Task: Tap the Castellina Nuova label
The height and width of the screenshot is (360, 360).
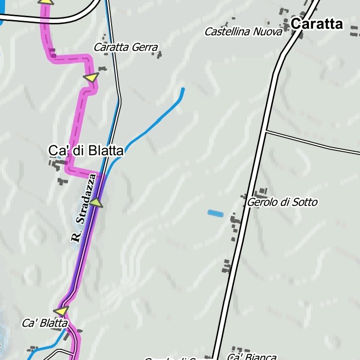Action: [243, 32]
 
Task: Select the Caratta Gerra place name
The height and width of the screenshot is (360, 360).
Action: [126, 47]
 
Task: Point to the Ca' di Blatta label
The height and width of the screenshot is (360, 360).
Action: [86, 151]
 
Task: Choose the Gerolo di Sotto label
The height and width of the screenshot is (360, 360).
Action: [282, 202]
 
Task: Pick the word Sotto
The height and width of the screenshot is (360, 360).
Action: [304, 202]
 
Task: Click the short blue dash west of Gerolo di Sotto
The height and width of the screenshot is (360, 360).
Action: [216, 213]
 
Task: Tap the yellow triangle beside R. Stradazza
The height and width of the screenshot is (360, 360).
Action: [96, 202]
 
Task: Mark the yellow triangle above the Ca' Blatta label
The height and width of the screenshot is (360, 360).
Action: [61, 311]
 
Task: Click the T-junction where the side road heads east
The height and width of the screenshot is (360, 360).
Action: [266, 131]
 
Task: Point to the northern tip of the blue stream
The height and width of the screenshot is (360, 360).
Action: [183, 89]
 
